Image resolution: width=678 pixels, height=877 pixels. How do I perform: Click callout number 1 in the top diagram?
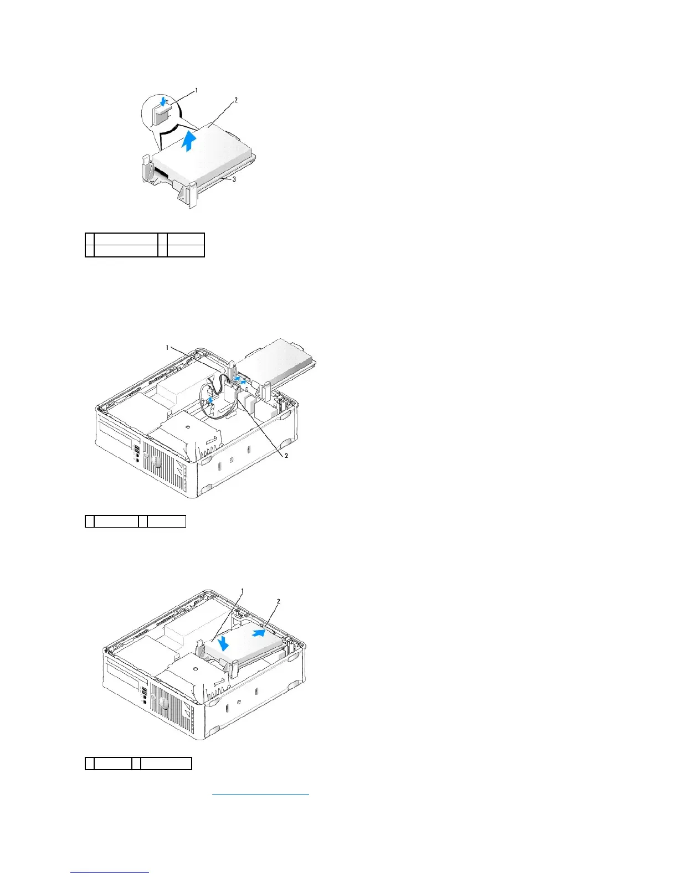coord(196,90)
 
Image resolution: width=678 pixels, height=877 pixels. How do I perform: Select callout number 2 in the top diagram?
coord(235,100)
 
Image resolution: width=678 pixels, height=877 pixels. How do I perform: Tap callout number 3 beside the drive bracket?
coord(234,179)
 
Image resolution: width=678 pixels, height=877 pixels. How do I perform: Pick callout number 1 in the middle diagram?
coord(167,348)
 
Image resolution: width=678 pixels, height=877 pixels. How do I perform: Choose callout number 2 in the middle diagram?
coord(286,456)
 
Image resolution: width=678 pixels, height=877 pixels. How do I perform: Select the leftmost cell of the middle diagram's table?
coord(89,521)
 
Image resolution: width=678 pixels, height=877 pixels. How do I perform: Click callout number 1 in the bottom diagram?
coord(242,591)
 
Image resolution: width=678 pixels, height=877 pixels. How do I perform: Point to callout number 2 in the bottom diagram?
coord(278,601)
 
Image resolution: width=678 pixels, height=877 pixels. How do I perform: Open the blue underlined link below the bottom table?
coord(260,793)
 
